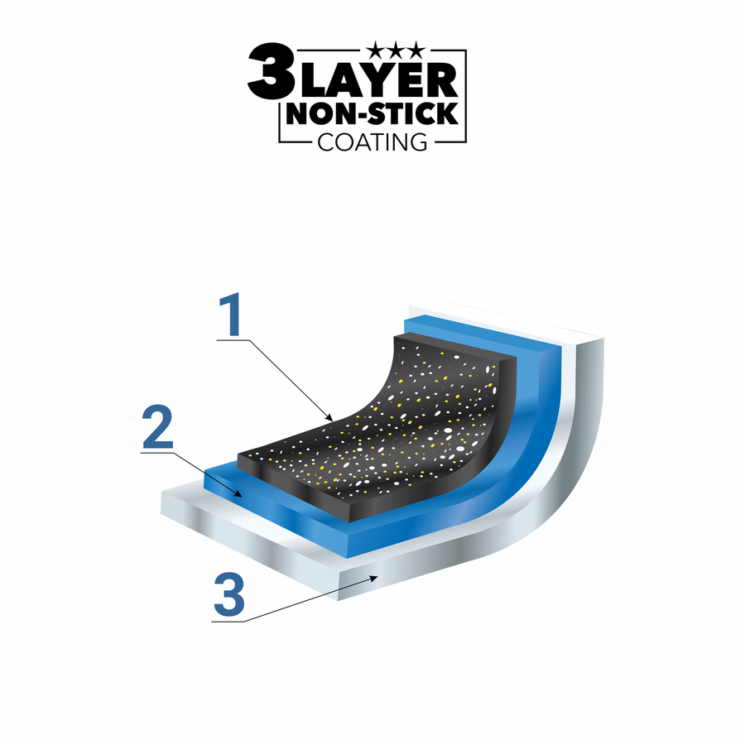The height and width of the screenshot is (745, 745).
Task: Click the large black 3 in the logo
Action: pyautogui.click(x=272, y=70)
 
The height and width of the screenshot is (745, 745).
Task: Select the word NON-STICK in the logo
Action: pyautogui.click(x=372, y=113)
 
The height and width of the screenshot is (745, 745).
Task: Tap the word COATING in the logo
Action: pyautogui.click(x=372, y=142)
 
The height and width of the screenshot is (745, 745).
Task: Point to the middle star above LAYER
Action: pyautogui.click(x=396, y=50)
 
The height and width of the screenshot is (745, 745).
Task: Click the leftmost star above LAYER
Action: pyautogui.click(x=377, y=50)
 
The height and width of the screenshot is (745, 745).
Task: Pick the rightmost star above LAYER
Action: pyautogui.click(x=416, y=50)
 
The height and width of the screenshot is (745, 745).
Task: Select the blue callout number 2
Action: pyautogui.click(x=157, y=426)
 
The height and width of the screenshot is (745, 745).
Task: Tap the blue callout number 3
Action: pyautogui.click(x=229, y=595)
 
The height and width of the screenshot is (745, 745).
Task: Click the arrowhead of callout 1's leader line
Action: pyautogui.click(x=329, y=418)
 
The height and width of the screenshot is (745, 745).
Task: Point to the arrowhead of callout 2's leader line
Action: pyautogui.click(x=239, y=493)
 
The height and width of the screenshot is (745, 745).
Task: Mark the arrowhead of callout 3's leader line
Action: pyautogui.click(x=373, y=578)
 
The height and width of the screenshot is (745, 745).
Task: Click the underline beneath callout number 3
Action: pyautogui.click(x=228, y=621)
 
